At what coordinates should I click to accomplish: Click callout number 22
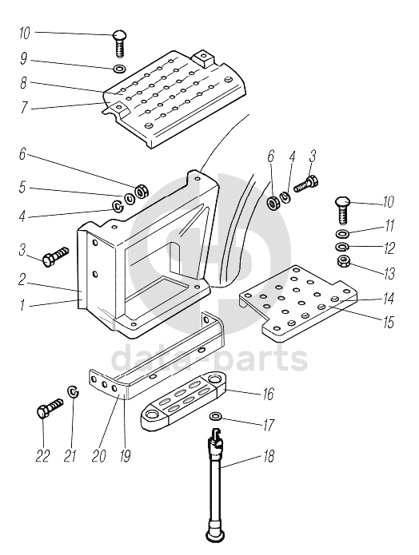(x=42, y=456)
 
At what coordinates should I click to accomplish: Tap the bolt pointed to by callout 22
(x=50, y=408)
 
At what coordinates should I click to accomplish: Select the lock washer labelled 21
(x=74, y=391)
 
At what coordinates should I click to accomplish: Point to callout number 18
(x=269, y=456)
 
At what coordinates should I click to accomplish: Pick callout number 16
(x=268, y=394)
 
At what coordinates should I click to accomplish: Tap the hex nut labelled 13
(x=342, y=262)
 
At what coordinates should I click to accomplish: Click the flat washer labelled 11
(x=342, y=234)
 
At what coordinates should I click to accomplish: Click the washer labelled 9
(x=119, y=68)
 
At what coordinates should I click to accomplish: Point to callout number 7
(x=24, y=108)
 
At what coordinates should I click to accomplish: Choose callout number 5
(x=22, y=187)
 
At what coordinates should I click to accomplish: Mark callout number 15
(x=389, y=322)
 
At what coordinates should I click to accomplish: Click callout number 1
(x=22, y=305)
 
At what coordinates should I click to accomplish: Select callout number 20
(x=98, y=456)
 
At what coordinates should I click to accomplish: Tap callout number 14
(x=389, y=299)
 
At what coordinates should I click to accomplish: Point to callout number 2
(x=22, y=279)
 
